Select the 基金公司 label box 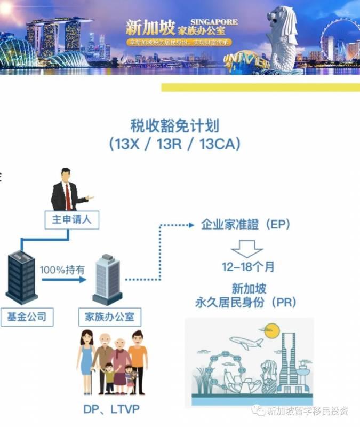click(x=26, y=317)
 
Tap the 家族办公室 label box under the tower click(x=110, y=317)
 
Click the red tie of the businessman click(x=68, y=196)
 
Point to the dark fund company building click(x=22, y=277)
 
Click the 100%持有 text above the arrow click(x=62, y=270)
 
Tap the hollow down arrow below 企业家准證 click(x=247, y=248)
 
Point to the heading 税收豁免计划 click(x=175, y=126)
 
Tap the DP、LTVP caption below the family click(x=110, y=409)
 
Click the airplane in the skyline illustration click(x=242, y=341)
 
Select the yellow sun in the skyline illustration click(x=272, y=330)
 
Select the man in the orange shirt click(x=138, y=358)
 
